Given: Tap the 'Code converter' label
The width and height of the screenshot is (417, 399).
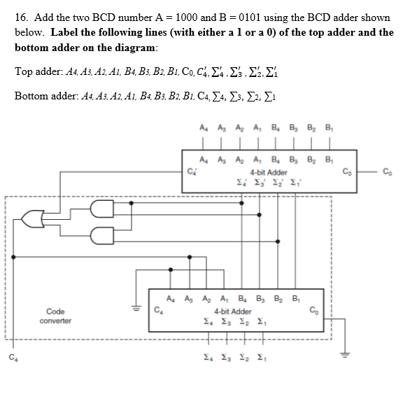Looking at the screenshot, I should (56, 316).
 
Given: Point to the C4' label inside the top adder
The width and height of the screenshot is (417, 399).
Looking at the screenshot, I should (190, 168).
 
